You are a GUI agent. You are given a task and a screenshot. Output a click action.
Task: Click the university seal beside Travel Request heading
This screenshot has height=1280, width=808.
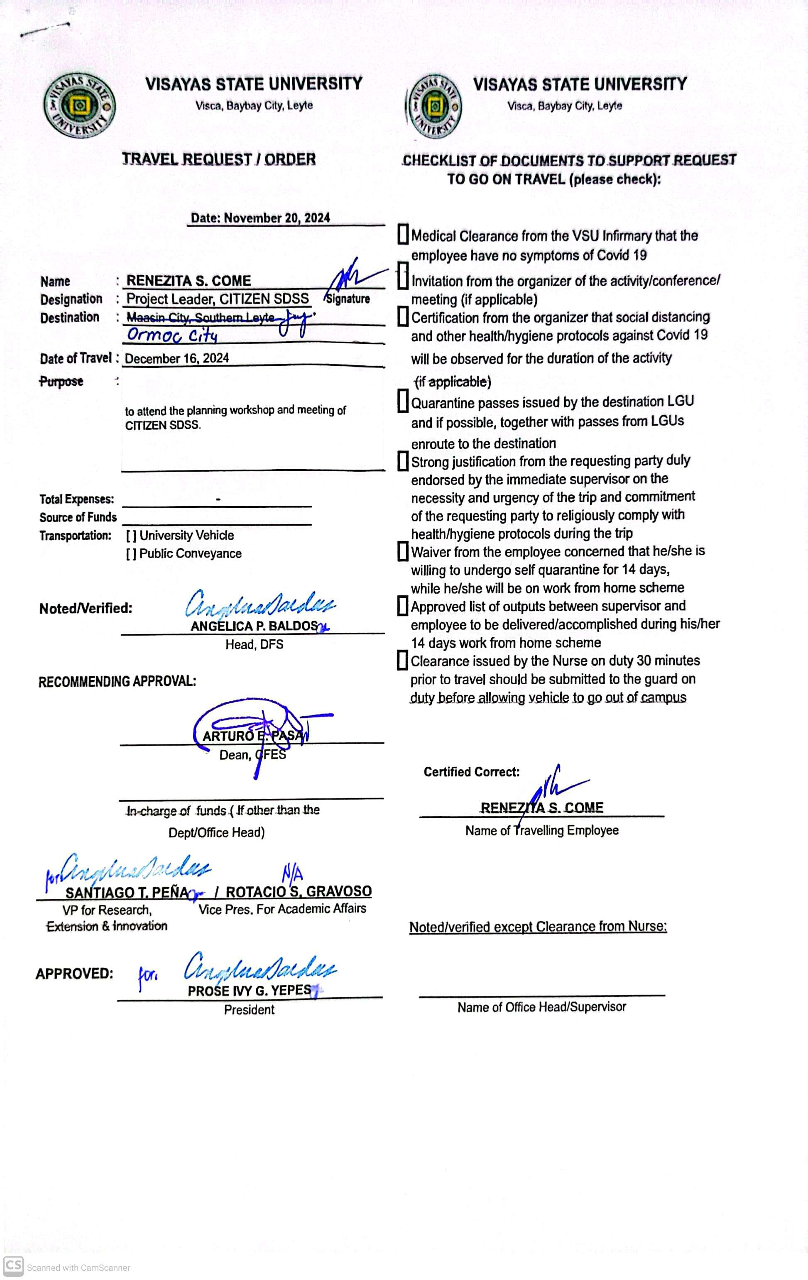(79, 105)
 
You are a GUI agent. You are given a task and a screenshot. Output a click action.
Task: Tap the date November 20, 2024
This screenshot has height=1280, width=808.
(260, 218)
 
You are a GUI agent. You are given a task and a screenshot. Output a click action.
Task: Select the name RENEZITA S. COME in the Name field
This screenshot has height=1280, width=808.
(189, 281)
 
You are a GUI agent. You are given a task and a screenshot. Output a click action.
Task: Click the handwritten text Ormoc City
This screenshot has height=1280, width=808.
(172, 335)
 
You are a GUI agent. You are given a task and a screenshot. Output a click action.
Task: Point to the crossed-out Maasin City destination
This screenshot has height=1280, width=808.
(201, 318)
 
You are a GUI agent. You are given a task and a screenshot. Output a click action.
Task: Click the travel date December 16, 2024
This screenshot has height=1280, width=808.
(177, 358)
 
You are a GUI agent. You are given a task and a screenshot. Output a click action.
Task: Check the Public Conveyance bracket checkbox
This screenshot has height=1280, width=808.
(131, 554)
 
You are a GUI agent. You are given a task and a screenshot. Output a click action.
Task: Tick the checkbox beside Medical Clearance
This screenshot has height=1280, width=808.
(403, 235)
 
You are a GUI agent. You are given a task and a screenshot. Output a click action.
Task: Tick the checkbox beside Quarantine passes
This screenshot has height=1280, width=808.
(403, 401)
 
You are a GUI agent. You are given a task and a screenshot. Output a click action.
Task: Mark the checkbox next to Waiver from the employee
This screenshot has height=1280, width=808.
(403, 551)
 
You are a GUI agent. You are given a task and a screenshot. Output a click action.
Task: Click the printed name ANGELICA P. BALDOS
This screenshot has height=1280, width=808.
(254, 626)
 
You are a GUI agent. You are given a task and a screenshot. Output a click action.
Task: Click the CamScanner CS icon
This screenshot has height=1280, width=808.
(13, 1265)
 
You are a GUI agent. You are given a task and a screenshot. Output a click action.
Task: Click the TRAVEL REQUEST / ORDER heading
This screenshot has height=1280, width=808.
(218, 159)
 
